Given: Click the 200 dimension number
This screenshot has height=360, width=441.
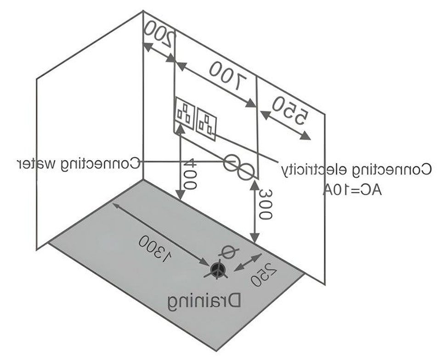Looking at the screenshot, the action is pyautogui.click(x=159, y=34).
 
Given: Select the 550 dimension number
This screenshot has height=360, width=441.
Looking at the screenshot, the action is pyautogui.click(x=290, y=111).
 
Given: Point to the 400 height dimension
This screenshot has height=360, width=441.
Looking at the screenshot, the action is pyautogui.click(x=190, y=174).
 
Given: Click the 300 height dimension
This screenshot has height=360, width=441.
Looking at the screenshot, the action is pyautogui.click(x=266, y=204).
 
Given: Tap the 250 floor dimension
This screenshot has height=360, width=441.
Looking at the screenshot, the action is pyautogui.click(x=264, y=275).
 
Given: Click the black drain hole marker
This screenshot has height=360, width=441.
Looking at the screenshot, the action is pyautogui.click(x=217, y=269).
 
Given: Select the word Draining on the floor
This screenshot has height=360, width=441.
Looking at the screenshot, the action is pyautogui.click(x=204, y=302).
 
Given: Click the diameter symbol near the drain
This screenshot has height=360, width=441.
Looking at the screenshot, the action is pyautogui.click(x=230, y=252).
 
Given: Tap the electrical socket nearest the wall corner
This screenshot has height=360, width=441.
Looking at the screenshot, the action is pyautogui.click(x=185, y=113).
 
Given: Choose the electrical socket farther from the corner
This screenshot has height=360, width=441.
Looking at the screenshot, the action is pyautogui.click(x=206, y=124).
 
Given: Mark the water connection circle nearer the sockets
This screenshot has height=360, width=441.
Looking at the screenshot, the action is pyautogui.click(x=232, y=162).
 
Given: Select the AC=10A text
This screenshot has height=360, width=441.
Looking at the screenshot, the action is pyautogui.click(x=352, y=190).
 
